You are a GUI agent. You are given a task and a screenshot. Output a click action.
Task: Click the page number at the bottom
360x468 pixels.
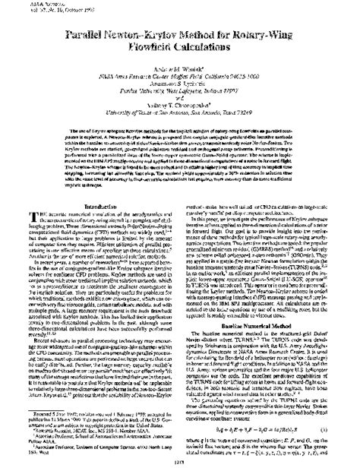pyautogui.click(x=179, y=463)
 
